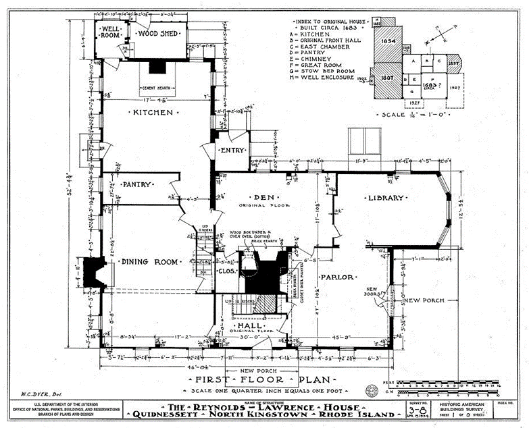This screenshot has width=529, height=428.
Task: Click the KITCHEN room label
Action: tap(153, 112)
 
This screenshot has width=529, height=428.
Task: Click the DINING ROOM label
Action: tap(149, 262)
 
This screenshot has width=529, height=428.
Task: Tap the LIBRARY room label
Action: tap(386, 198)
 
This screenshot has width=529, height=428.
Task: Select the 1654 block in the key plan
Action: tap(387, 41)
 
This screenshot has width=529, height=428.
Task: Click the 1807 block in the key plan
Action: tap(386, 77)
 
